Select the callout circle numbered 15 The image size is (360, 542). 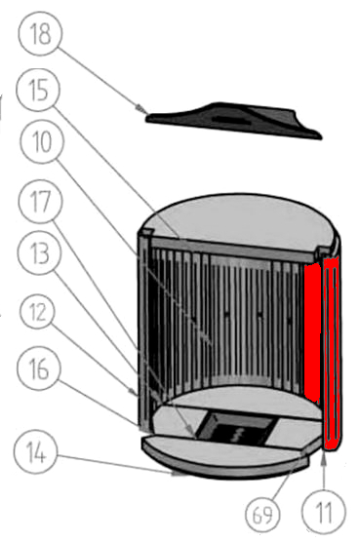pos(40,93)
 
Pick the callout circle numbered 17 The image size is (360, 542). pos(40,203)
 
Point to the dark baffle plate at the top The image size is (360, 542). pos(234,119)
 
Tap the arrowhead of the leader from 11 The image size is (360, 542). pos(323,452)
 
